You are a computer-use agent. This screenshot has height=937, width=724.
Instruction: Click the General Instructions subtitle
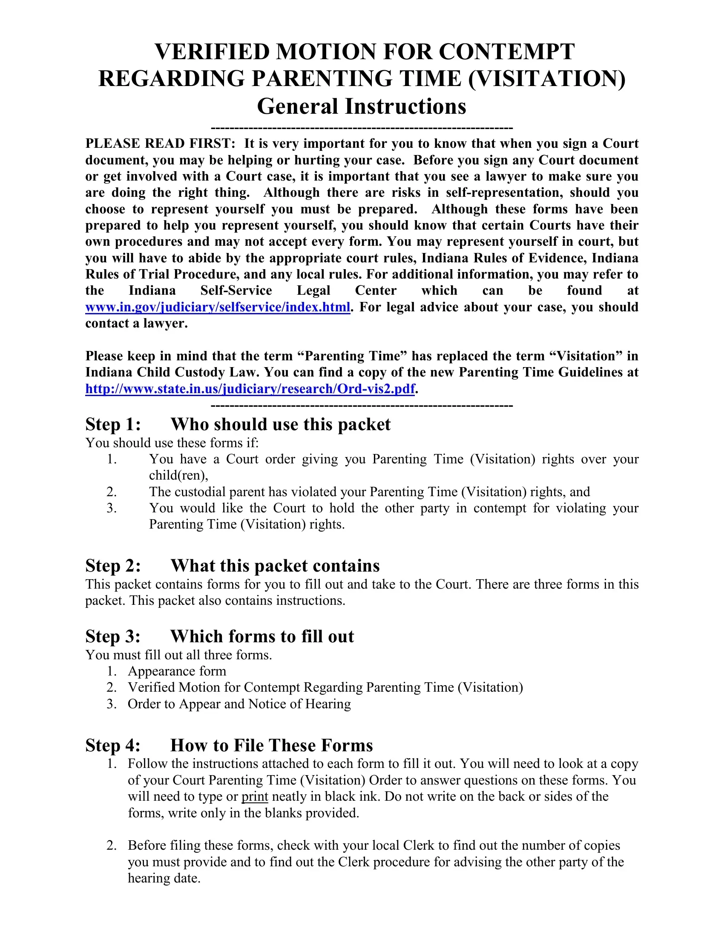click(x=362, y=106)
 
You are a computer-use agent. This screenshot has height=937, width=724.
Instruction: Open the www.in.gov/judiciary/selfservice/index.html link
click(x=218, y=307)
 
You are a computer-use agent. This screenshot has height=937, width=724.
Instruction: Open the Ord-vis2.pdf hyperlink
click(x=250, y=389)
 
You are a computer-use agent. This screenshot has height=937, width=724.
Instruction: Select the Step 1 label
click(x=113, y=424)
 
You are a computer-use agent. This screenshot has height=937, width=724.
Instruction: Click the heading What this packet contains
click(x=275, y=566)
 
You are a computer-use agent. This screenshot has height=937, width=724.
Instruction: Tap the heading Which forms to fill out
click(x=262, y=636)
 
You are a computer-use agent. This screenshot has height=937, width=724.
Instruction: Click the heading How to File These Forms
click(x=272, y=745)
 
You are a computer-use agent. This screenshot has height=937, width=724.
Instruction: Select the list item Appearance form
click(x=177, y=671)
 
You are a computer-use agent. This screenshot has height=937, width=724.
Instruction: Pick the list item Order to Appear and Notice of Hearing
click(x=239, y=704)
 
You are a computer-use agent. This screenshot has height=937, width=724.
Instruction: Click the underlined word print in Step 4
click(x=255, y=797)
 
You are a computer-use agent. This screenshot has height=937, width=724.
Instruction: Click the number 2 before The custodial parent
click(x=111, y=491)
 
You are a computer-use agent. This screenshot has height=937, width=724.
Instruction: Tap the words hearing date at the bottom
click(x=164, y=878)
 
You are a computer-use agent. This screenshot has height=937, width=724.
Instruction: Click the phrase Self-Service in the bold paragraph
click(x=236, y=290)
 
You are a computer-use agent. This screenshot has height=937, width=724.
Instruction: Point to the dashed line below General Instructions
click(x=362, y=128)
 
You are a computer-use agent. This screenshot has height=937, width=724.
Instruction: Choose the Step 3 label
click(x=113, y=636)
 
